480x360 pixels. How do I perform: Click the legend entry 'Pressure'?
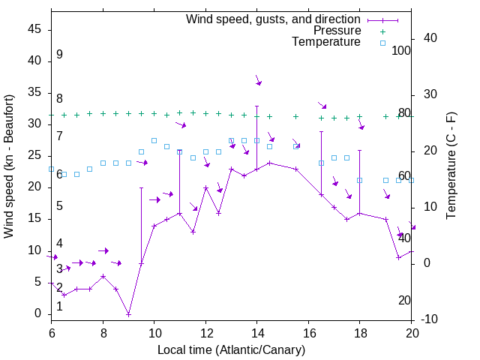point(337,31)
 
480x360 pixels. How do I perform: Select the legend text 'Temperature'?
point(326,42)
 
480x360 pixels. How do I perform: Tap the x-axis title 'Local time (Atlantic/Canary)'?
point(231,349)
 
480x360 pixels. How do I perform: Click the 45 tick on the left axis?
point(34,28)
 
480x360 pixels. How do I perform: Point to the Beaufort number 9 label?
point(59,55)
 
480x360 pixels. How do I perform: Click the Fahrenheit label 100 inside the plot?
point(402,50)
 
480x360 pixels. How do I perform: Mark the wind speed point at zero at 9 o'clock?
point(129,313)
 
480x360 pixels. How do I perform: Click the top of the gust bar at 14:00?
point(257,106)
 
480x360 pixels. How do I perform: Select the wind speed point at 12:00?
point(205,187)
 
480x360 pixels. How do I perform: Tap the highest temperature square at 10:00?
point(154,140)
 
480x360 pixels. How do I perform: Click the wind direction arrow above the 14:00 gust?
point(257,79)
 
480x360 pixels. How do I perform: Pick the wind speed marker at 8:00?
point(103,276)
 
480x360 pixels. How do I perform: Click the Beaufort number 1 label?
point(59,306)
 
